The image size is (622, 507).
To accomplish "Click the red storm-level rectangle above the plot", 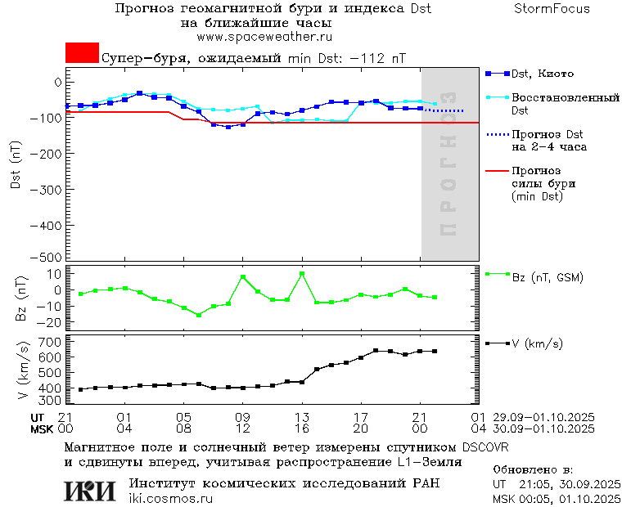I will pyautogui.click(x=82, y=52).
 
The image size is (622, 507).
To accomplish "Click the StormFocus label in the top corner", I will pyautogui.click(x=552, y=9).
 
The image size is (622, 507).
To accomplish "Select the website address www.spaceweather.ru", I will pyautogui.click(x=264, y=37).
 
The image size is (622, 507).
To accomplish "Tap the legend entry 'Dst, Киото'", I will pyautogui.click(x=540, y=74).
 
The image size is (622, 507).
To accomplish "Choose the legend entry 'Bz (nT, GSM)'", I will pyautogui.click(x=547, y=277).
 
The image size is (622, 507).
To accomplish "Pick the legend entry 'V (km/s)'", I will pyautogui.click(x=537, y=344).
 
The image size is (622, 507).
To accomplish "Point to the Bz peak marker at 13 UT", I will pyautogui.click(x=302, y=274).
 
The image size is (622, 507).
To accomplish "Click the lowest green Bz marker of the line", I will pyautogui.click(x=198, y=315).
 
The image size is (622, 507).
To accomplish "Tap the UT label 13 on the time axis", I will pyautogui.click(x=302, y=418).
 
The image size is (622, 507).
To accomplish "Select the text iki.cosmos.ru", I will pyautogui.click(x=170, y=499).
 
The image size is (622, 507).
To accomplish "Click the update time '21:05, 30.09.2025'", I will pyautogui.click(x=557, y=484).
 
